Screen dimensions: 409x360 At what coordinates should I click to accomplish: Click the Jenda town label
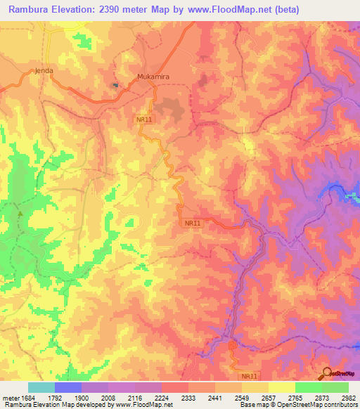(x=44, y=71)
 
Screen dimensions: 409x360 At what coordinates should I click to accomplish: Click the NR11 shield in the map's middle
(x=192, y=223)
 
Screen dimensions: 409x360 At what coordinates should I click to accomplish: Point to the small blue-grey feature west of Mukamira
(x=115, y=85)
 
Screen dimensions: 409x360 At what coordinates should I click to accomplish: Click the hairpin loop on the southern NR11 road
(x=232, y=344)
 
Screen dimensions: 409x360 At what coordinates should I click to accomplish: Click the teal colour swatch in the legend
(x=41, y=387)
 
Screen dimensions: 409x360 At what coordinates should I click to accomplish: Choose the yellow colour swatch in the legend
(x=281, y=387)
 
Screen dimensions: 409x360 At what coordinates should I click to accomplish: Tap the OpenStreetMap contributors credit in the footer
(x=314, y=405)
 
